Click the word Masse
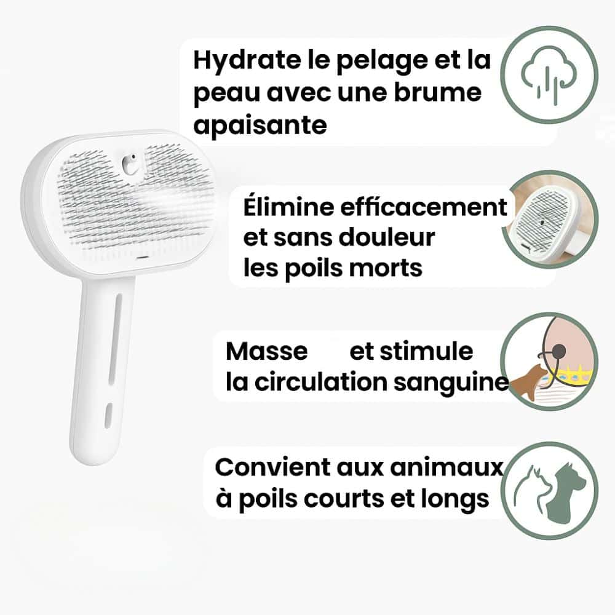pos(267,351)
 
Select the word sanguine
pos(451,383)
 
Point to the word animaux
pos(446,467)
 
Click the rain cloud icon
pos(549,76)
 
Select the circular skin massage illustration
pos(550,361)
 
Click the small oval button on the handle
pos(109,415)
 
